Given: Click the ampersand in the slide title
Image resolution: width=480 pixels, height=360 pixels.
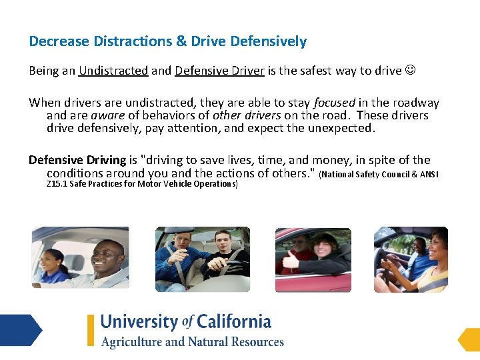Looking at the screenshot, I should click(181, 41).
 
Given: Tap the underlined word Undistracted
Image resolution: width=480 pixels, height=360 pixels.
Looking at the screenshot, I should click(113, 71).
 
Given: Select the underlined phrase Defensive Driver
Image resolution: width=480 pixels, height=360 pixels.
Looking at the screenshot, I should click(219, 71).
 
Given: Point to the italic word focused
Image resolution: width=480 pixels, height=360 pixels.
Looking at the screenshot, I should click(334, 103).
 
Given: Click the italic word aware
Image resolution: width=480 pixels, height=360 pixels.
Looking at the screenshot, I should click(107, 115).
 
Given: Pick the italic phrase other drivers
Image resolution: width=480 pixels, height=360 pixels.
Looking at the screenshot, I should click(247, 115).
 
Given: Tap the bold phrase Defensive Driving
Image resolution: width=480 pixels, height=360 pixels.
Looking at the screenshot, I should click(77, 160).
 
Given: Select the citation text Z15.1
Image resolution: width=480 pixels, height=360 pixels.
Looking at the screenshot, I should click(57, 184).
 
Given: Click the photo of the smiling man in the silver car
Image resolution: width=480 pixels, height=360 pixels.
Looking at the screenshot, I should click(80, 257).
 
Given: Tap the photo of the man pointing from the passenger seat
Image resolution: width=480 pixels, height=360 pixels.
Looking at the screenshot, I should click(203, 259).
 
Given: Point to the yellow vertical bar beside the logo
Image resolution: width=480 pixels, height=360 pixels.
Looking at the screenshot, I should click(91, 330).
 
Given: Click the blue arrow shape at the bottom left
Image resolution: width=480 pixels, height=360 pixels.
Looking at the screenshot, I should click(20, 330).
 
